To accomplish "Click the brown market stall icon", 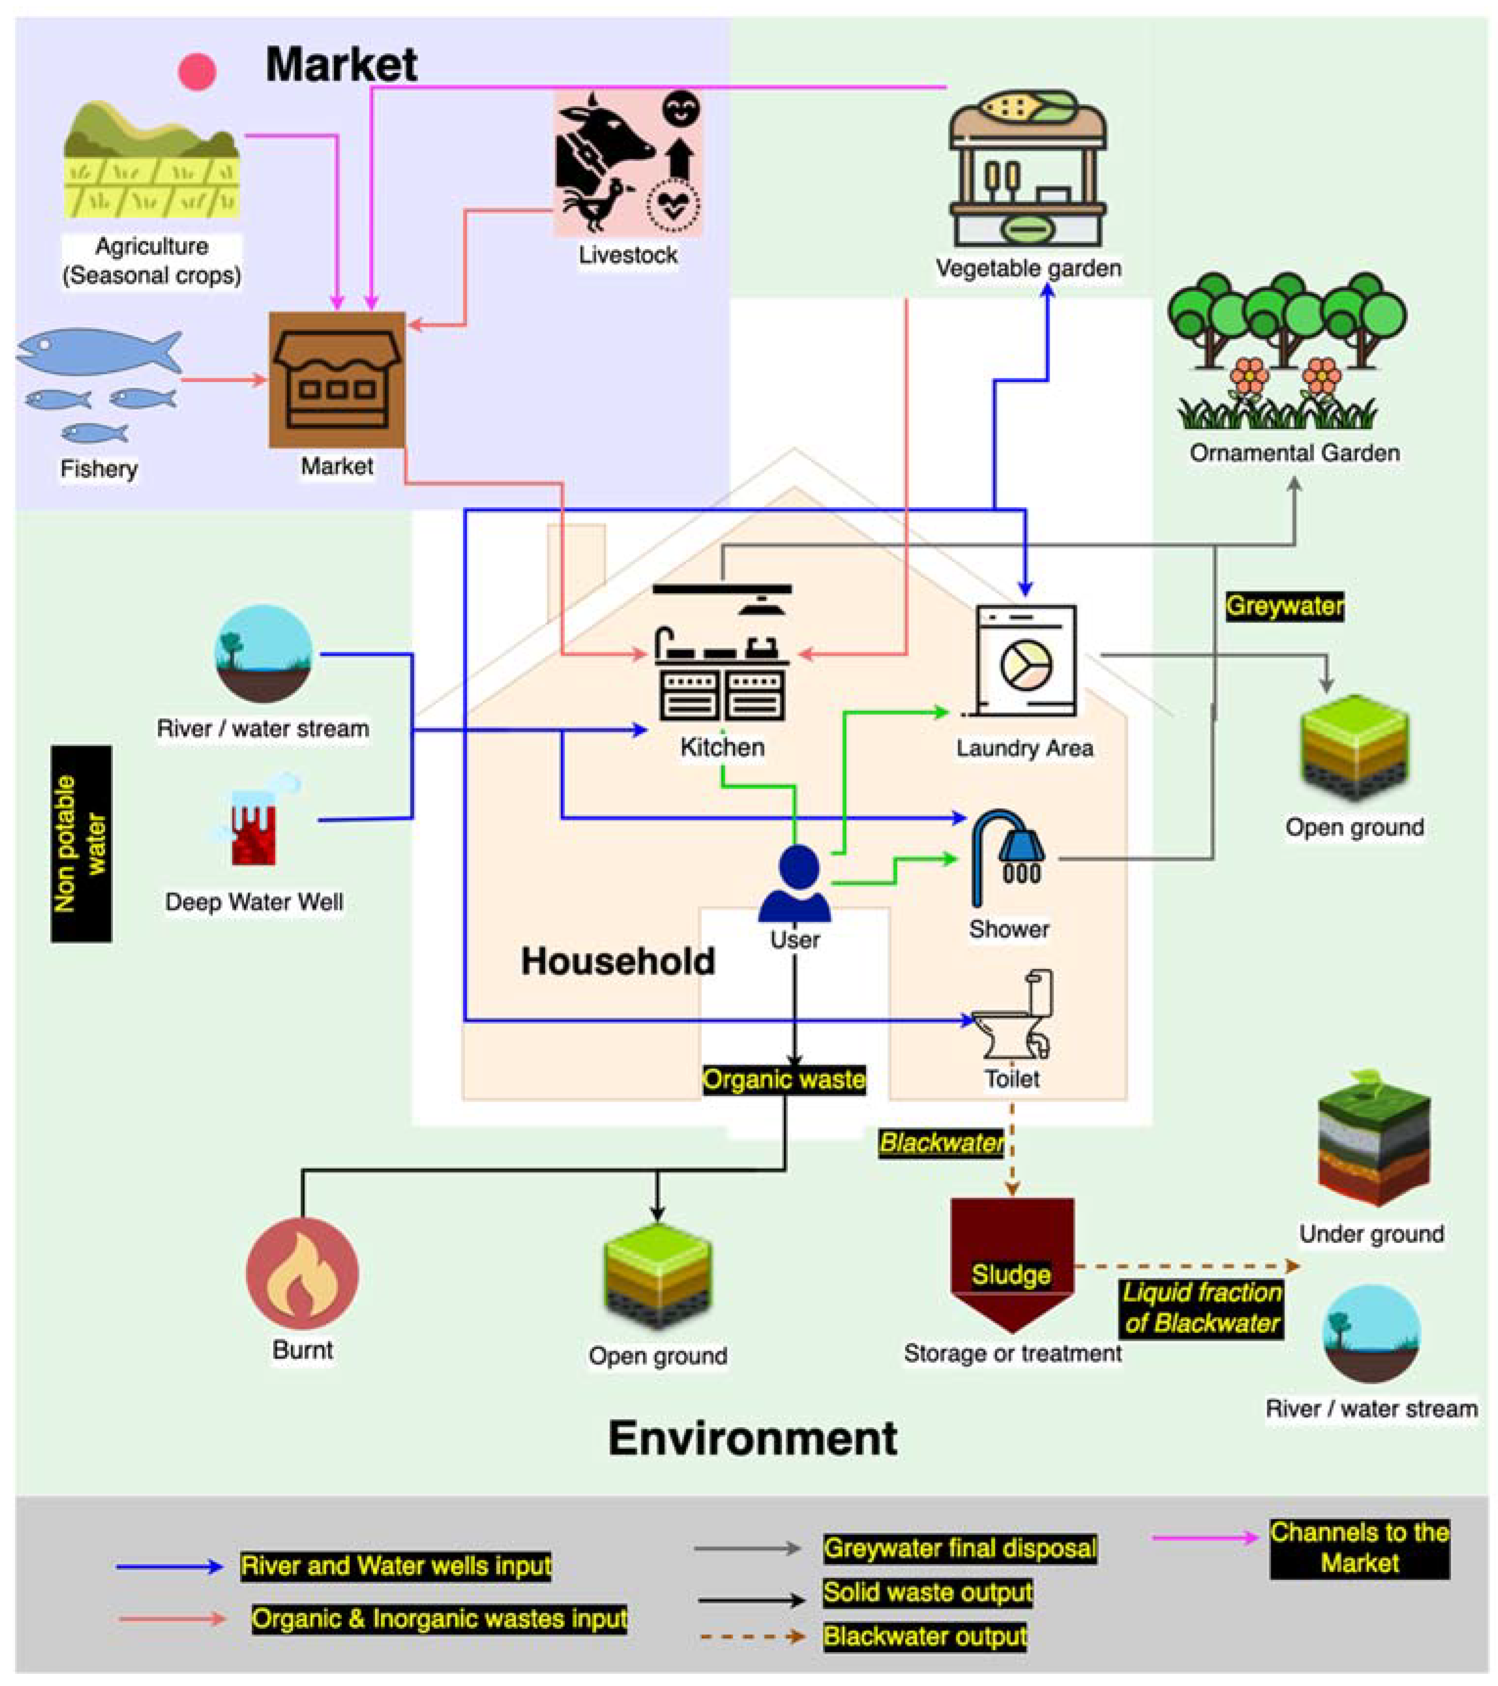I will [x=336, y=379].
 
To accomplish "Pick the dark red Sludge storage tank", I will [x=1012, y=1258].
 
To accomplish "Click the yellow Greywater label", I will [x=1284, y=606].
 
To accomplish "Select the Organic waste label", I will [x=784, y=1080].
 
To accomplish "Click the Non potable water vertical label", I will [x=81, y=843].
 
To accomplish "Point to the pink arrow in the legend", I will [x=1204, y=1537].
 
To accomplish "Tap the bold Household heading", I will [x=617, y=961].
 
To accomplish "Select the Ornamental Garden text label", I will [x=1294, y=453].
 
